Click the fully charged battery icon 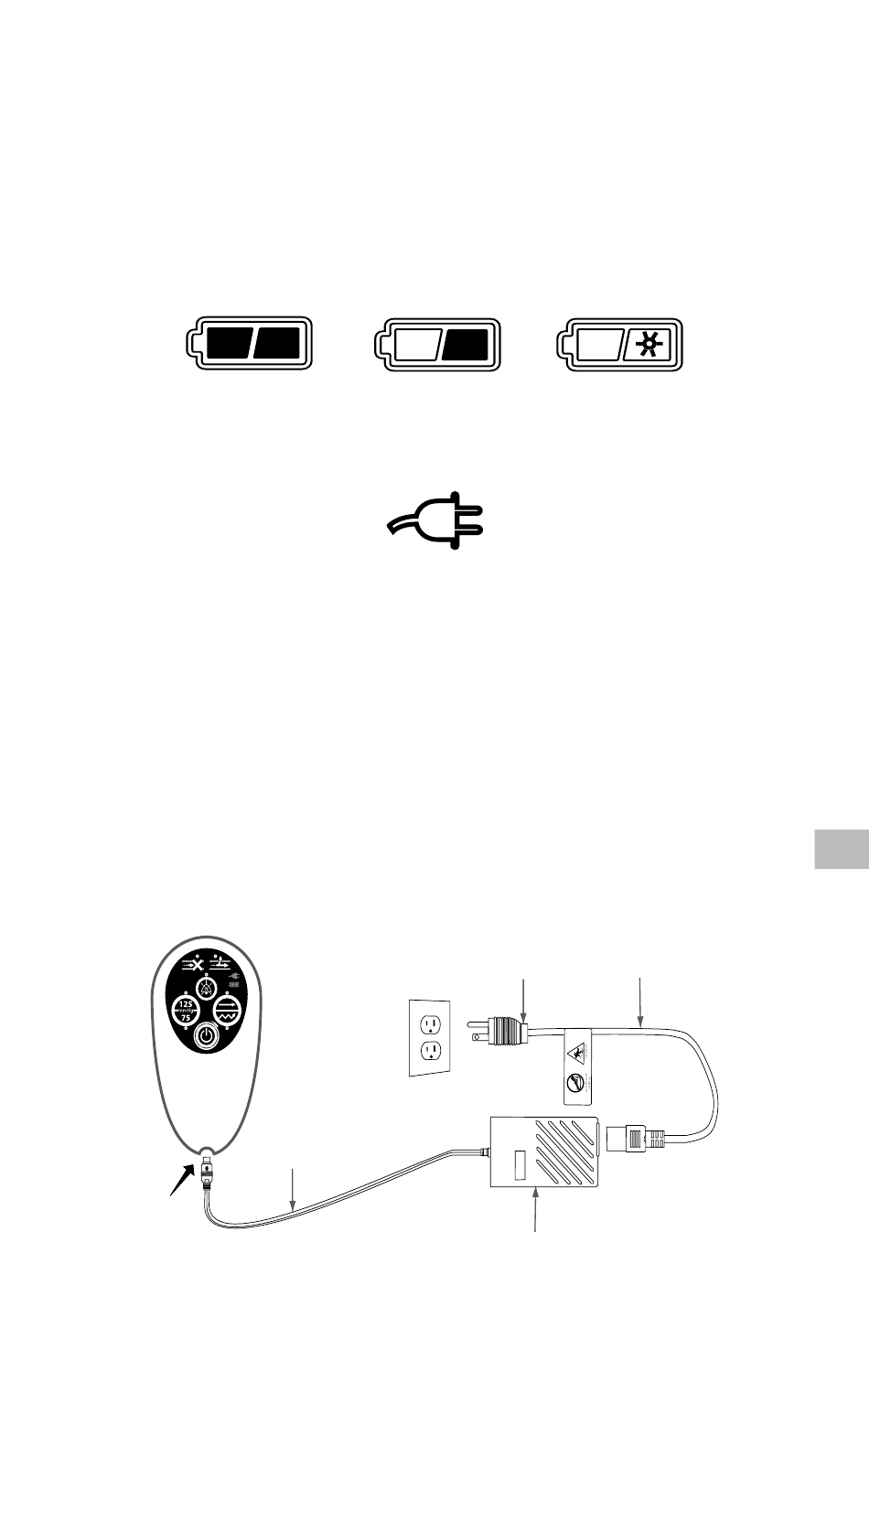251,344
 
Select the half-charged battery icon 438,344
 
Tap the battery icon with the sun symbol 621,344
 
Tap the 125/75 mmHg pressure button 186,1010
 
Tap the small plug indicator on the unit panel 232,977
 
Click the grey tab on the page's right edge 841,849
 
